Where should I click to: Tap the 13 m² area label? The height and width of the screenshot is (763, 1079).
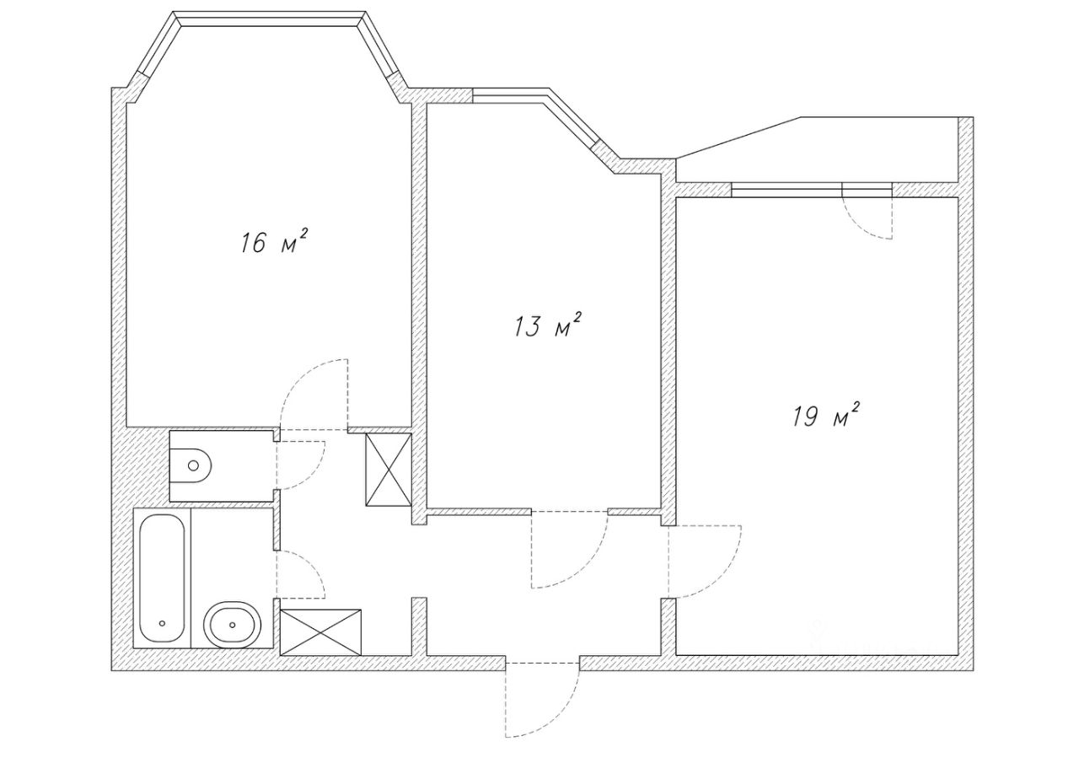pos(548,325)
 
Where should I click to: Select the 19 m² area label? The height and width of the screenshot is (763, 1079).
pos(825,416)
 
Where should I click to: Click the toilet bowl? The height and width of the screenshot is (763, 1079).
pos(191,465)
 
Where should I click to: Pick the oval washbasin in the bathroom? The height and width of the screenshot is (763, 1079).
pos(231,625)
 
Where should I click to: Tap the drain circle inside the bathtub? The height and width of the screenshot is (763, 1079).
pos(162,625)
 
